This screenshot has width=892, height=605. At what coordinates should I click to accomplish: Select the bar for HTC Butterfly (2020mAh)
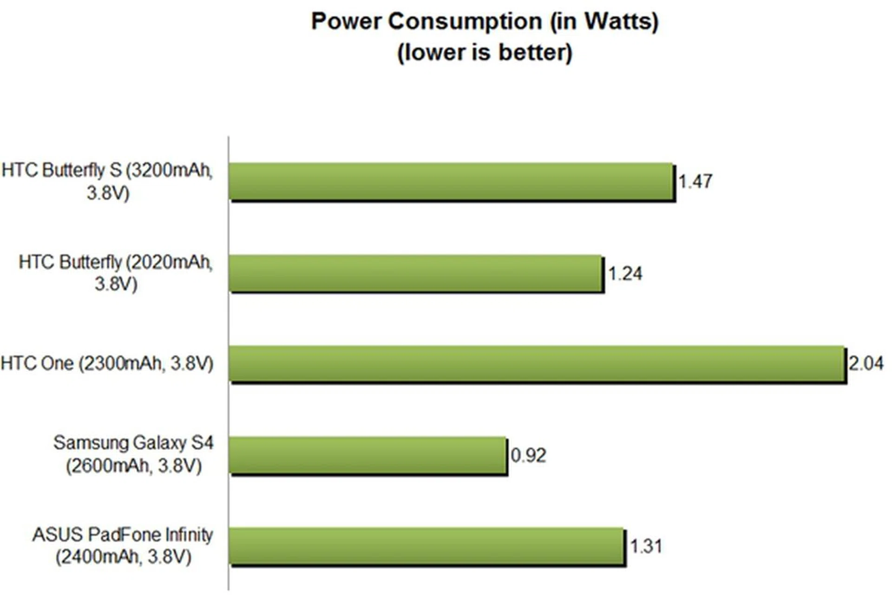(x=416, y=273)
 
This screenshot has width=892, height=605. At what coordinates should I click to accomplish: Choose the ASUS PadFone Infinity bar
(x=426, y=546)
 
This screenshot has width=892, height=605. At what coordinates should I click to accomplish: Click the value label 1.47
(x=695, y=181)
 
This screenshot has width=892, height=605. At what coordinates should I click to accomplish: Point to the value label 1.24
(x=625, y=274)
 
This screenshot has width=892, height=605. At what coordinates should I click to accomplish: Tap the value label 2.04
(x=866, y=363)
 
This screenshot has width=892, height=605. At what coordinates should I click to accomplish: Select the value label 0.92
(x=528, y=455)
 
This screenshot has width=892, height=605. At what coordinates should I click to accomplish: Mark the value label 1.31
(x=646, y=546)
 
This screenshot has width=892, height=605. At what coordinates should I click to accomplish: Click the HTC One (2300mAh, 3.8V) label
(x=107, y=363)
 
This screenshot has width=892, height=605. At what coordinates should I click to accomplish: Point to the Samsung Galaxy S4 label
(x=133, y=443)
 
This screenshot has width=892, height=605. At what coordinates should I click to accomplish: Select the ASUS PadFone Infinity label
(x=123, y=535)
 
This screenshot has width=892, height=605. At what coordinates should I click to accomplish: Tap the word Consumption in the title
(x=465, y=21)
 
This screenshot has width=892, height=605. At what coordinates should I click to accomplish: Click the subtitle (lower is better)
(x=485, y=52)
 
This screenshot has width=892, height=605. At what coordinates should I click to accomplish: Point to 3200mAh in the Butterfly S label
(x=170, y=171)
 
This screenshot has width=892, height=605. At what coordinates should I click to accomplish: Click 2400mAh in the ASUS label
(x=98, y=557)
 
